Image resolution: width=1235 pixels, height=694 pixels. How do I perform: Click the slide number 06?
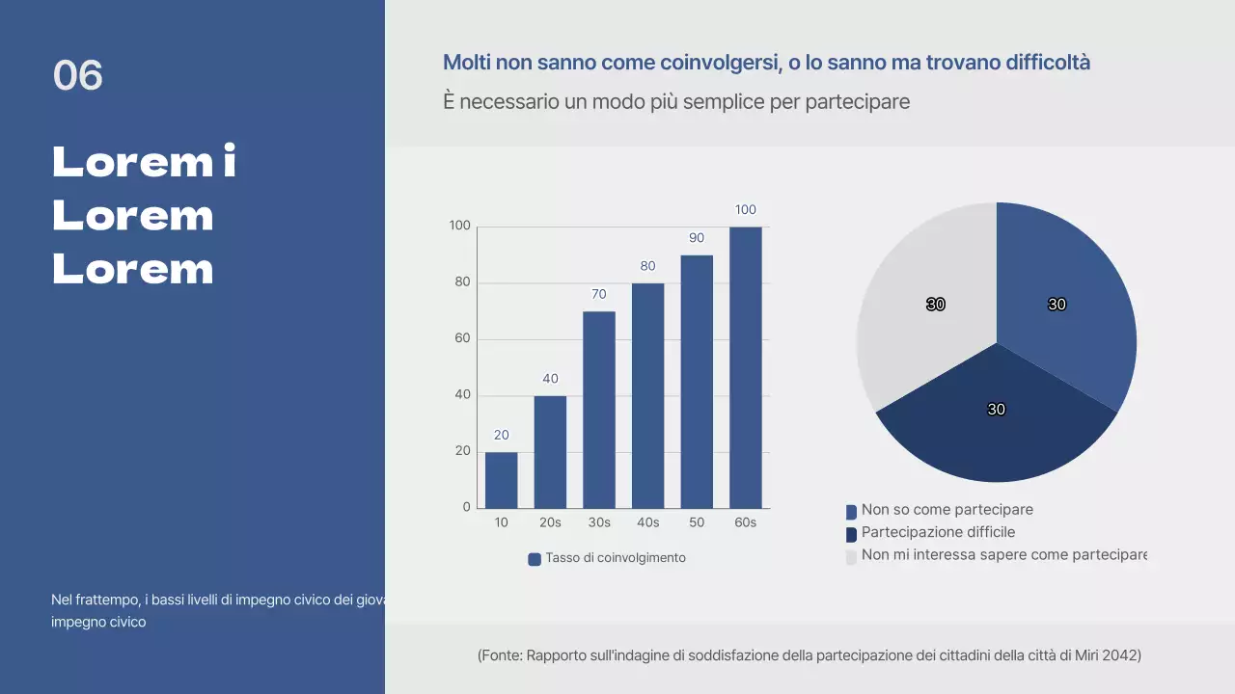[x=77, y=75]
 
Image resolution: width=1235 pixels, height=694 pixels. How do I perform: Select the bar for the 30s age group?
[x=598, y=410]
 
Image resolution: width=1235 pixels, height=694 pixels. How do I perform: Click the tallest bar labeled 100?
[x=745, y=366]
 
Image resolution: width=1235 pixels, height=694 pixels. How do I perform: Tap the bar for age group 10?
[x=501, y=480]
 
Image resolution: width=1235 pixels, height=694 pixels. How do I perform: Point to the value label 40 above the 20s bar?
[x=550, y=379]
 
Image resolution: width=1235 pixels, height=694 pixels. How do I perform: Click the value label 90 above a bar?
[x=697, y=238]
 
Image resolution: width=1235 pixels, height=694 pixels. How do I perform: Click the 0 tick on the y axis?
[x=467, y=507]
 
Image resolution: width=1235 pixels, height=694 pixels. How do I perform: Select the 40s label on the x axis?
[x=647, y=522]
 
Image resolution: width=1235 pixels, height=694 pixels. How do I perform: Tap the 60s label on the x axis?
[x=745, y=522]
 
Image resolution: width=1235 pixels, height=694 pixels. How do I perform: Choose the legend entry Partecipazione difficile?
[x=938, y=532]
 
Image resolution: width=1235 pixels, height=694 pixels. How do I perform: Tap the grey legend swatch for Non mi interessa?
[x=851, y=557]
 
